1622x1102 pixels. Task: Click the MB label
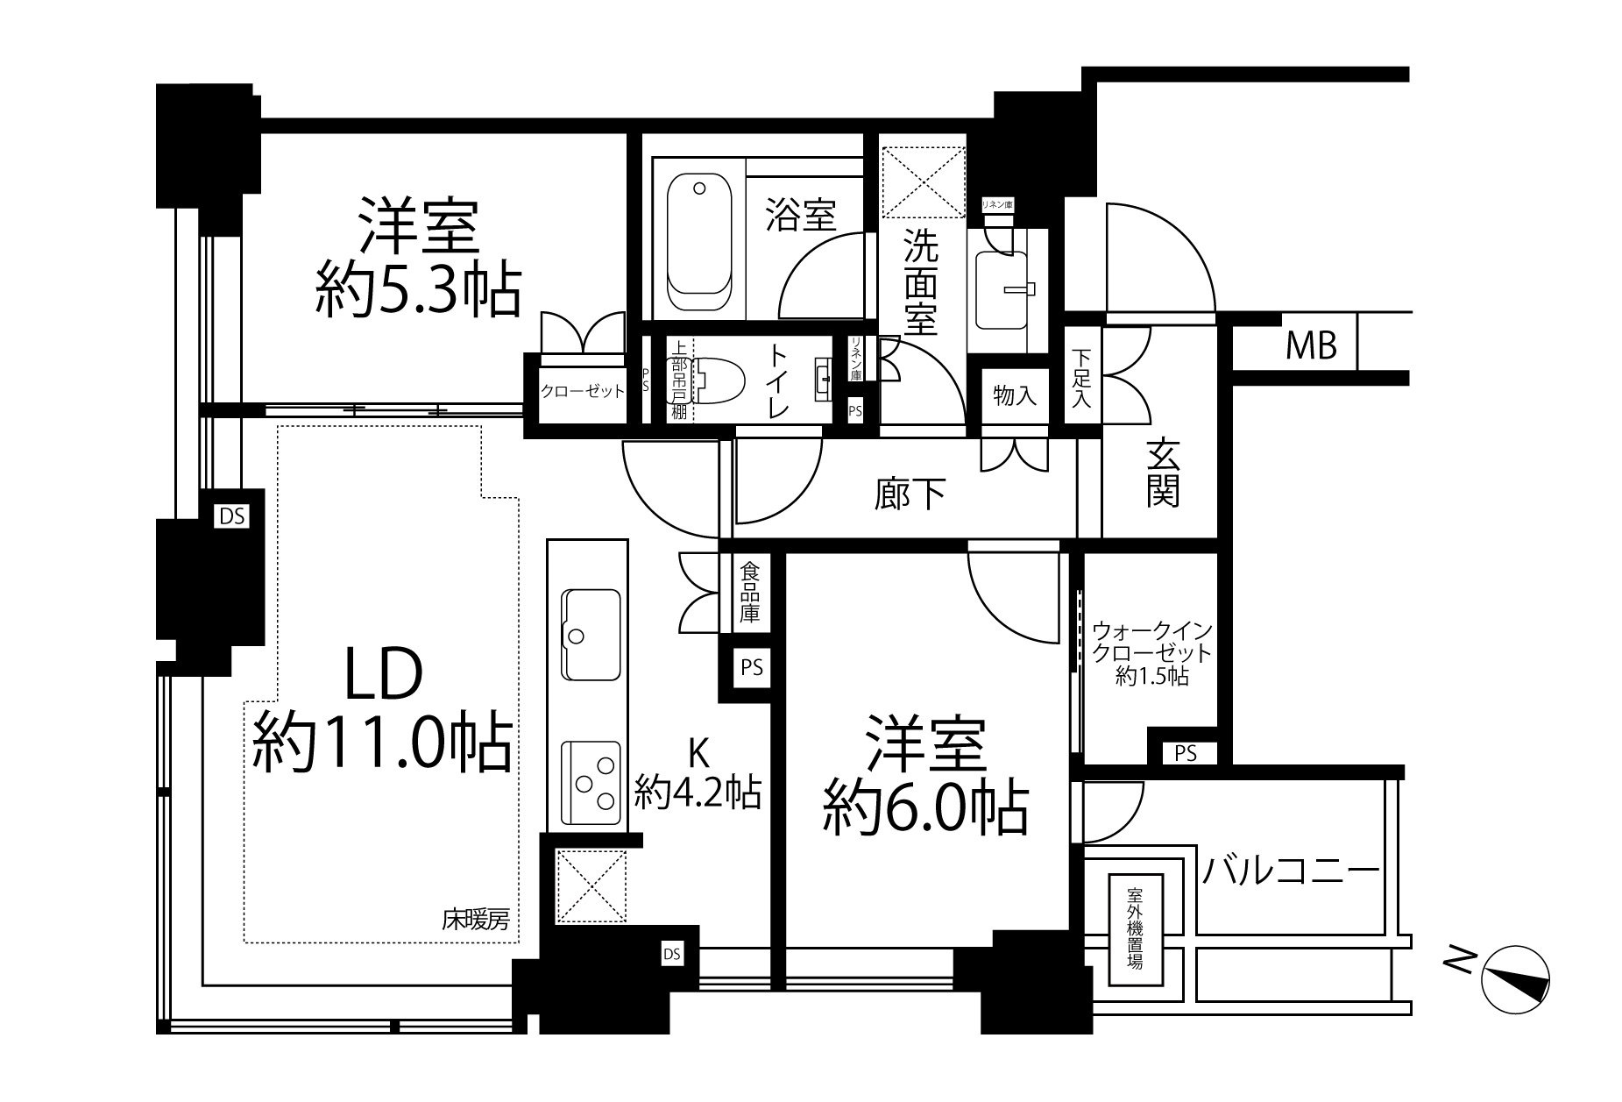1311,347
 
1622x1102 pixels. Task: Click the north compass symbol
1515,979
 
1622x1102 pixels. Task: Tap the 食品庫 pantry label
749,593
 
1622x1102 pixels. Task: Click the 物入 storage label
1015,395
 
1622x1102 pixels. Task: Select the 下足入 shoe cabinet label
1081,378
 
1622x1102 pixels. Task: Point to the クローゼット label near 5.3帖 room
582,391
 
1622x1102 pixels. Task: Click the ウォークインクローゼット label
1151,653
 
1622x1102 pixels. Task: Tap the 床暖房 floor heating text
474,920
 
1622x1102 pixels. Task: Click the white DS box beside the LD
232,516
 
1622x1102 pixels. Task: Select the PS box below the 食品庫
752,668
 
